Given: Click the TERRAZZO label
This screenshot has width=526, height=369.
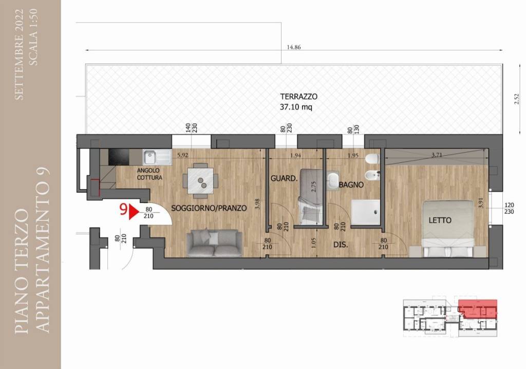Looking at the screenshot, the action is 298,97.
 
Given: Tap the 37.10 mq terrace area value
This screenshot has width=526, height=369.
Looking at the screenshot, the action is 296,107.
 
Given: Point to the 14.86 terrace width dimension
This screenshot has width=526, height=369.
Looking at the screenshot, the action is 293,47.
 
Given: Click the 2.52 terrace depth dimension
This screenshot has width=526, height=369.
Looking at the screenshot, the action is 517,99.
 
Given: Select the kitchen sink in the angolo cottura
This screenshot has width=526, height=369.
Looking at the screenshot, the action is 157,157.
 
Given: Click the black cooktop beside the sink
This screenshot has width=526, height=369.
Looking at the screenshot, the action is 119,157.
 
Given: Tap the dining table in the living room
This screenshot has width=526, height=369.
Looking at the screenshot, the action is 201,181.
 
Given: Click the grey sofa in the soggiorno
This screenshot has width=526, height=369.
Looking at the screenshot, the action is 214,243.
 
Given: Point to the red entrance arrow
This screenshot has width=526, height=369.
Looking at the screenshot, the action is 134,212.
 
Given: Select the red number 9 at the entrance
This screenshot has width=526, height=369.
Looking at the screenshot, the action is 123,210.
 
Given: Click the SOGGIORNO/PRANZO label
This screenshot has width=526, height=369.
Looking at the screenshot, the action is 209,208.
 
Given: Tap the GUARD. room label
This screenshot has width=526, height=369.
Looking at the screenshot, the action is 284,179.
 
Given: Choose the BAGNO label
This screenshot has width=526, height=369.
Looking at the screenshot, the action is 351,184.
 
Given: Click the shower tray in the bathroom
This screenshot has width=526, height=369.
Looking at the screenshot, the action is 366,212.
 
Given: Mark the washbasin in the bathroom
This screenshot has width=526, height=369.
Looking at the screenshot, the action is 333,181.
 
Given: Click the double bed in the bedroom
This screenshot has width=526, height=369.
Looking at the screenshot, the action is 448,229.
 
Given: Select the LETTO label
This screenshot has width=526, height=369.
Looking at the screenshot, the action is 440,220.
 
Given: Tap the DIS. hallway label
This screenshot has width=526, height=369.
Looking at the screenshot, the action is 341,245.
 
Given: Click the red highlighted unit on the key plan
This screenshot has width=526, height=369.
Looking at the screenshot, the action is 478,308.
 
